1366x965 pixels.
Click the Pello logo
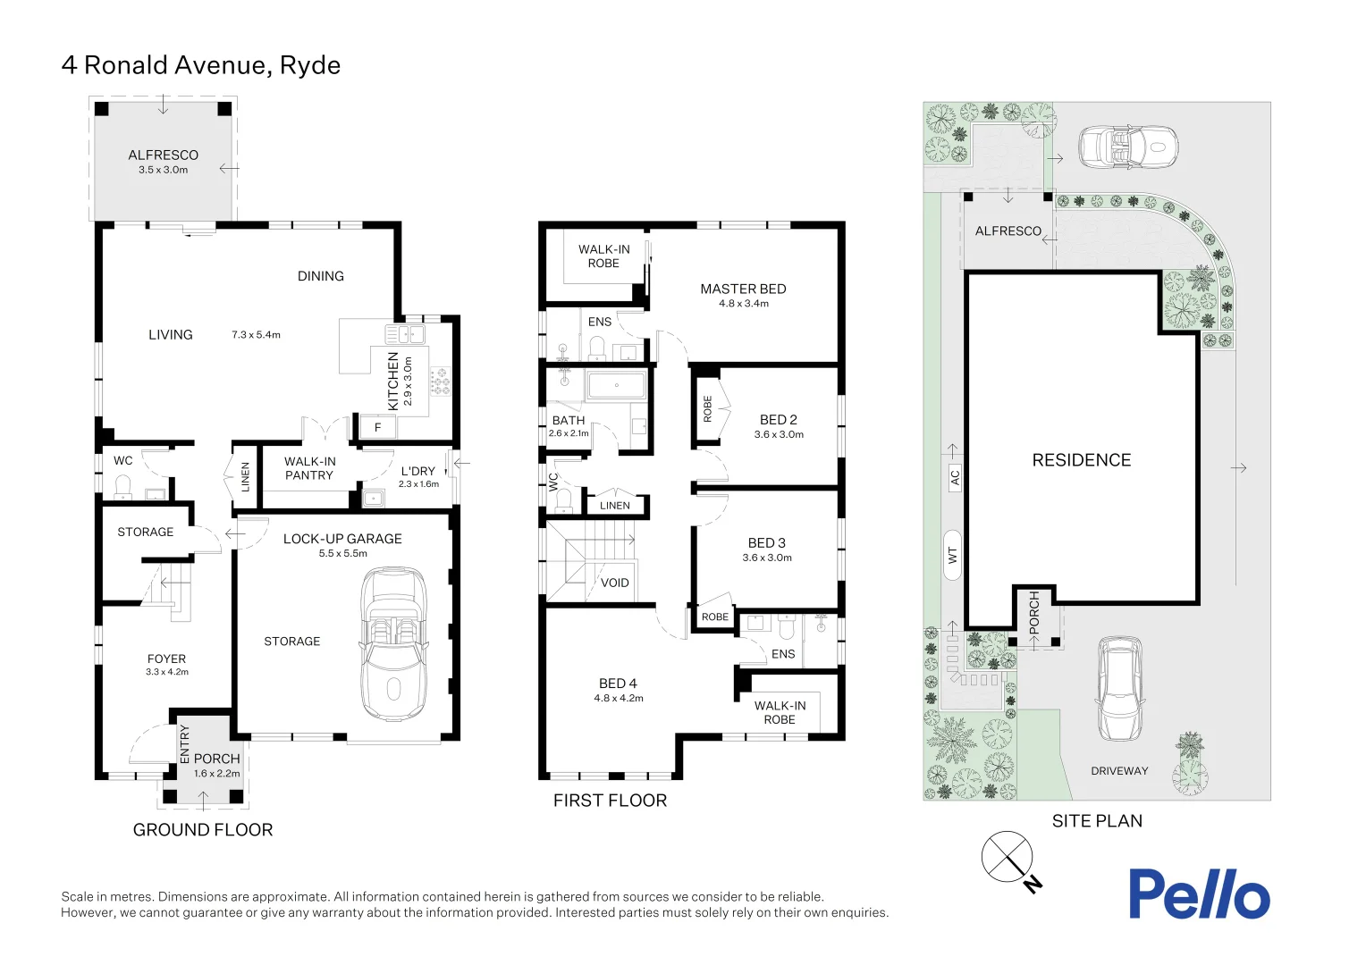pyautogui.click(x=1198, y=894)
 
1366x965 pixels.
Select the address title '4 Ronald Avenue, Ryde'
pyautogui.click(x=201, y=65)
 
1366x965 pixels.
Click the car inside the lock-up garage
pyautogui.click(x=392, y=643)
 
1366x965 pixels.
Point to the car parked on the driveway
pyautogui.click(x=1120, y=688)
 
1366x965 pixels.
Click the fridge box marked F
pyautogui.click(x=377, y=428)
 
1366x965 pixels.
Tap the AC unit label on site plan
pyautogui.click(x=954, y=477)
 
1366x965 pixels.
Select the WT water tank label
pyautogui.click(x=953, y=555)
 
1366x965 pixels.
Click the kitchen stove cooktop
pyautogui.click(x=439, y=382)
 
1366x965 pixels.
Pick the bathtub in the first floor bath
pyautogui.click(x=616, y=386)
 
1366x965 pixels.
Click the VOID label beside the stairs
pyautogui.click(x=615, y=583)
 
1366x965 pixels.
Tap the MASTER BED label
pyautogui.click(x=743, y=289)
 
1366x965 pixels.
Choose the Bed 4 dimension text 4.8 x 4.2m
pyautogui.click(x=619, y=699)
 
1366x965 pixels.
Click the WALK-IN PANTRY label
pyautogui.click(x=309, y=468)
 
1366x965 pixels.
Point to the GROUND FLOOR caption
pyautogui.click(x=203, y=830)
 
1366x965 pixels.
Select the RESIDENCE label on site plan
pyautogui.click(x=1082, y=460)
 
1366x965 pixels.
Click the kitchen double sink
pyautogui.click(x=405, y=334)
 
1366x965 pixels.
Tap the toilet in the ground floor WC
pyautogui.click(x=123, y=486)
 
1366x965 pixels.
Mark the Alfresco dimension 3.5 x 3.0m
pyautogui.click(x=164, y=170)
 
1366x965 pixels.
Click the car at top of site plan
pyautogui.click(x=1127, y=146)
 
